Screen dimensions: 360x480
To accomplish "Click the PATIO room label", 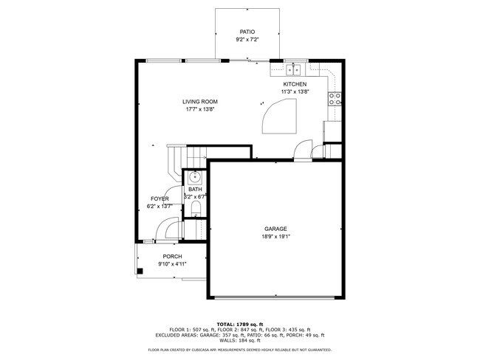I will (x=248, y=32).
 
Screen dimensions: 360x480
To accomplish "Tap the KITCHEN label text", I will (x=295, y=84).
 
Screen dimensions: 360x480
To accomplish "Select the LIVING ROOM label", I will (x=200, y=102).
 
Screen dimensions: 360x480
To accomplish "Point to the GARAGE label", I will (x=275, y=229).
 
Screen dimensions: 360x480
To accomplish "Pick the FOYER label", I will (x=160, y=199).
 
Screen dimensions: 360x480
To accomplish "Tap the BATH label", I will (x=195, y=190).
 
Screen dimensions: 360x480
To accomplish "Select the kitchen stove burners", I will (x=335, y=97).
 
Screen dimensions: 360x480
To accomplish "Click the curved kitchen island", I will (x=281, y=117).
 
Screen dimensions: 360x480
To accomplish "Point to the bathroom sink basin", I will (x=195, y=177).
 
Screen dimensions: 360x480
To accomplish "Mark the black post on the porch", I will (x=140, y=271).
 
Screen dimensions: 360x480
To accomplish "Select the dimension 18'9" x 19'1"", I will (x=275, y=237).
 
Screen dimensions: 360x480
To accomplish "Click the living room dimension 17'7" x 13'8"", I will (x=200, y=110).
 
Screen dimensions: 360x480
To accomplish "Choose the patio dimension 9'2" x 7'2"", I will (x=248, y=40).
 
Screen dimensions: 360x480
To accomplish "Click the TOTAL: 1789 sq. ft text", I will (x=240, y=324).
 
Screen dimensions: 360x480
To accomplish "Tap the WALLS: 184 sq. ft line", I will (x=240, y=340).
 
